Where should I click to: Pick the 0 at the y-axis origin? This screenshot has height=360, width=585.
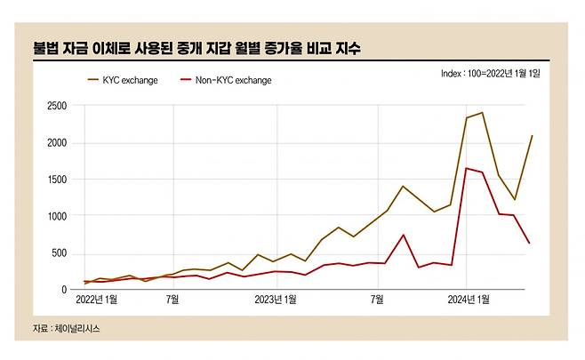[63, 290]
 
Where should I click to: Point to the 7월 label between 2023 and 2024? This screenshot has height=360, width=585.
[377, 300]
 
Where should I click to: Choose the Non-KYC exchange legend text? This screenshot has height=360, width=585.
[233, 80]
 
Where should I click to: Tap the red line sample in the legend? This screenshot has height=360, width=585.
[185, 80]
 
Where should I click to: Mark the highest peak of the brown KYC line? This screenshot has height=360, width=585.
[481, 113]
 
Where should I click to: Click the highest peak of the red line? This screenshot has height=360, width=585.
[467, 168]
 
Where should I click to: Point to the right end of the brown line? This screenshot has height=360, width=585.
[532, 136]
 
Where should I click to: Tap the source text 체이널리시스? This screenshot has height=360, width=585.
[82, 329]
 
